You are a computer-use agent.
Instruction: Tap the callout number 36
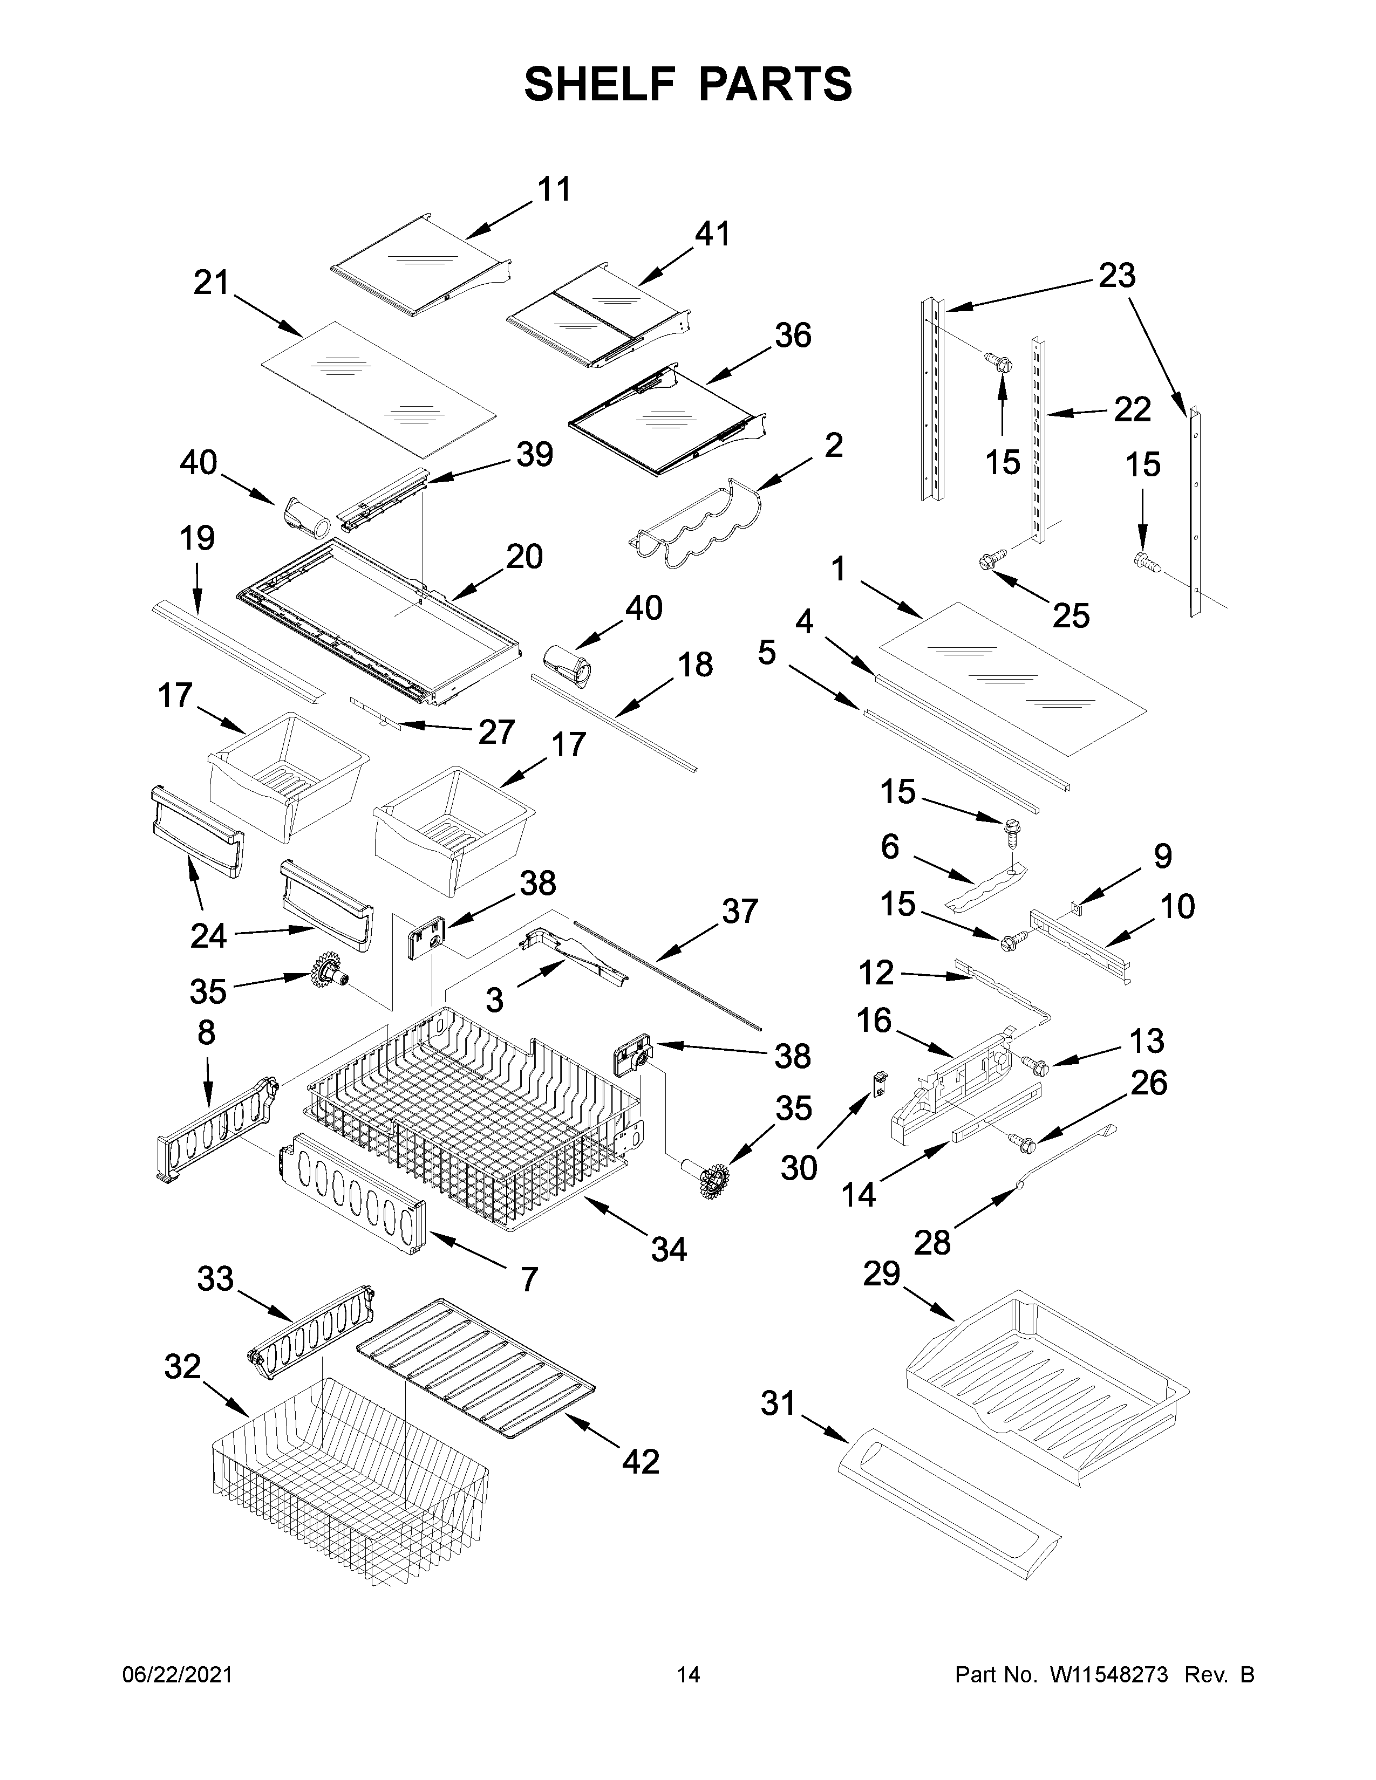coord(792,336)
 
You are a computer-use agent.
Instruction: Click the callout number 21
coord(211,284)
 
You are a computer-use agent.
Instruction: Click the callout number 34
coord(669,1249)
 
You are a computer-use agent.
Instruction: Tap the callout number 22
coord(1132,409)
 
